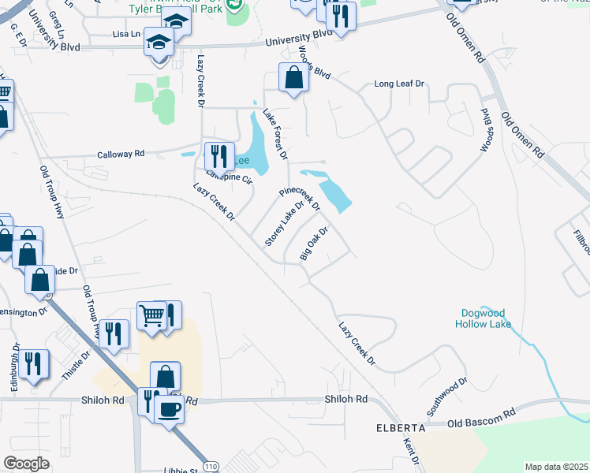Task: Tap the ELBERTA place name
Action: (x=401, y=428)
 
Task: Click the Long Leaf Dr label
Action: (x=399, y=84)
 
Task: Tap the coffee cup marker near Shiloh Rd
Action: (x=169, y=408)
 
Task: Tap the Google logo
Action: (x=26, y=464)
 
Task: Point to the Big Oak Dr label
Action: (x=313, y=244)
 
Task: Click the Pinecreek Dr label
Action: (x=300, y=199)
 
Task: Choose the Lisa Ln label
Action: (x=126, y=34)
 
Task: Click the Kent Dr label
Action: (x=411, y=452)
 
